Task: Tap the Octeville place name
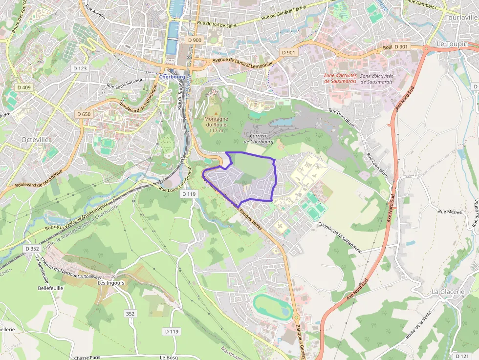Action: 35,139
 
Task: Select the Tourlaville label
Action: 461,17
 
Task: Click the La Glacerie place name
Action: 448,292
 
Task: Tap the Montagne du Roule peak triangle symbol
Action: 217,113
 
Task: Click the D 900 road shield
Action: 194,40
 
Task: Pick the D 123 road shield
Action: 79,68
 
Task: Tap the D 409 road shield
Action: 23,87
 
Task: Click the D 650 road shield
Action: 84,114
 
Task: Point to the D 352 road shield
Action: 32,249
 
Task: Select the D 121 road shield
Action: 462,356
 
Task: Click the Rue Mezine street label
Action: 450,212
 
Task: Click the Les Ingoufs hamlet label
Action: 109,282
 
